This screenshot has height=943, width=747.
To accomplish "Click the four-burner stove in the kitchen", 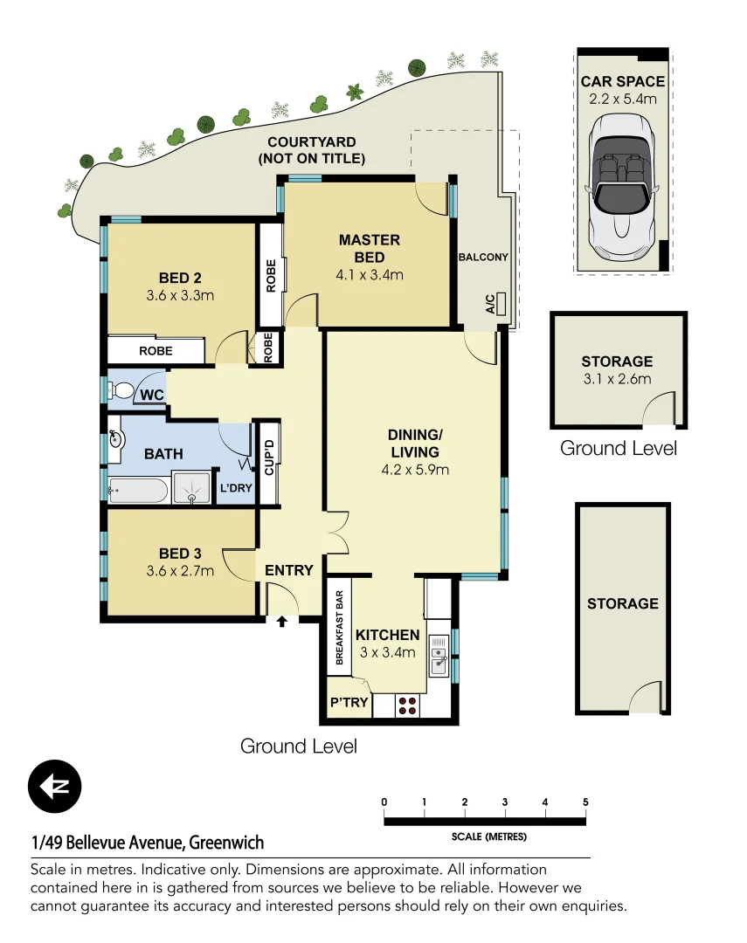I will tap(407, 704).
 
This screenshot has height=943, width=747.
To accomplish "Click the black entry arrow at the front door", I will tap(281, 622).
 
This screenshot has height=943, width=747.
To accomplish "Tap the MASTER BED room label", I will tap(370, 248).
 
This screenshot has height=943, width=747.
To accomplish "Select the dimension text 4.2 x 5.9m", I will tap(415, 470).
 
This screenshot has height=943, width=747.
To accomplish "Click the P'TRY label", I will tap(349, 703).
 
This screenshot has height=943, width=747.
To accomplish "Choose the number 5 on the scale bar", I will tap(585, 802).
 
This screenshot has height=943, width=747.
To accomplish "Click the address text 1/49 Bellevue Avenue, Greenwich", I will tap(147, 843).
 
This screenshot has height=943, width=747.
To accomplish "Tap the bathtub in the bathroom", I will tap(137, 492).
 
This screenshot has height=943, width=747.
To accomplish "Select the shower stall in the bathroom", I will tap(192, 490).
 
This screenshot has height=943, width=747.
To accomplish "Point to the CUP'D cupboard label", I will tap(269, 458).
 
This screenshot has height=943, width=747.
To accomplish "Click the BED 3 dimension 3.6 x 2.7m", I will tap(181, 572).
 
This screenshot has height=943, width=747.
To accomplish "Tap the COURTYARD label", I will tap(311, 150).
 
